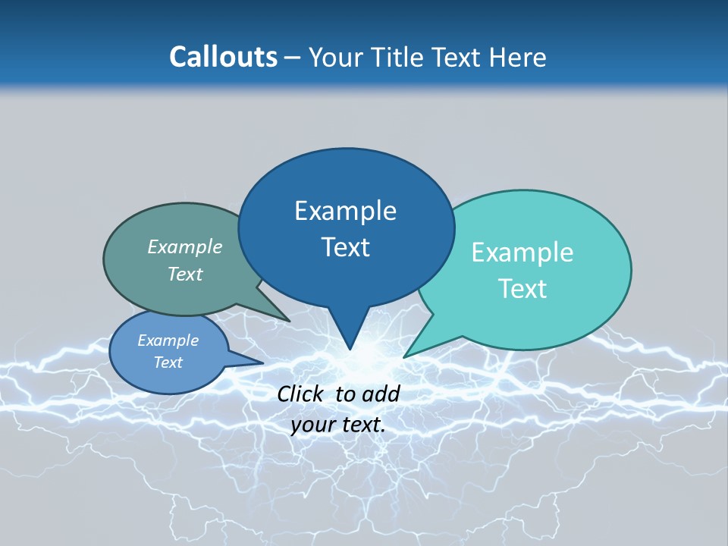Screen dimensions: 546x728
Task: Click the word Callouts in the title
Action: (223, 57)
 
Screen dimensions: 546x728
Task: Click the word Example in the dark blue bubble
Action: (345, 211)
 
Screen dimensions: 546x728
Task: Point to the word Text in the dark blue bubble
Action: (345, 247)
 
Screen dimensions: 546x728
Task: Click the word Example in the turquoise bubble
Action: (522, 253)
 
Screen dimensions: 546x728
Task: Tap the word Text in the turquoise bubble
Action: (522, 289)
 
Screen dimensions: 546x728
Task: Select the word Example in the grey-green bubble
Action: (185, 246)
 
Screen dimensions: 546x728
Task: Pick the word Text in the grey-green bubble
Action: (185, 274)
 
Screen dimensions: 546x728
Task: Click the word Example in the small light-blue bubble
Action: (168, 340)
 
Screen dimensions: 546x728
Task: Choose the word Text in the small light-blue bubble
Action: (168, 362)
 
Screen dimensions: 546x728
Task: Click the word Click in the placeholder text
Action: (301, 394)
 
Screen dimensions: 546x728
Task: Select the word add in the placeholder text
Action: (381, 394)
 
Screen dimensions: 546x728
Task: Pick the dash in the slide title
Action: (293, 58)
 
